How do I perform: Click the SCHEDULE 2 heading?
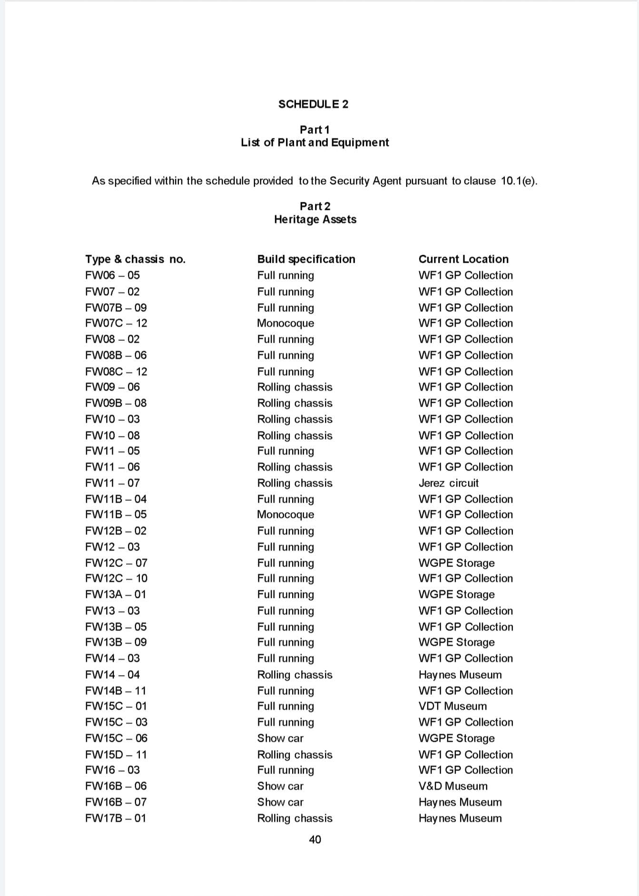point(313,104)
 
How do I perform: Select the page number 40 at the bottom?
point(315,839)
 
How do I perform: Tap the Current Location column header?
point(463,259)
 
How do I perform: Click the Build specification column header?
point(306,259)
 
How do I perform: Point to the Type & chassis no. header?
point(135,259)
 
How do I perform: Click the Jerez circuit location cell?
point(448,483)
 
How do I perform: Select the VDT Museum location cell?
point(452,706)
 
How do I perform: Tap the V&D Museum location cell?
point(452,786)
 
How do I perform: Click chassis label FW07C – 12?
point(116,323)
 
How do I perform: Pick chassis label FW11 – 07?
point(112,483)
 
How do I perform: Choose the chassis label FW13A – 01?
point(116,594)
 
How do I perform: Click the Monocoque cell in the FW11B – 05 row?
point(285,515)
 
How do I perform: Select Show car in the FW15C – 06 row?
point(280,738)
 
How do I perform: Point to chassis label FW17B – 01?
point(116,818)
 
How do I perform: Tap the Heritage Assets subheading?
point(315,219)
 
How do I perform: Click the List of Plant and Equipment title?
point(315,142)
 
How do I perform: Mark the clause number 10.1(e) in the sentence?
point(519,181)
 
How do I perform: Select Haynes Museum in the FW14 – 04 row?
point(460,675)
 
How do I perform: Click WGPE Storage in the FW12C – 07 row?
point(456,563)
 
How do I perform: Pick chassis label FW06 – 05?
point(112,275)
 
